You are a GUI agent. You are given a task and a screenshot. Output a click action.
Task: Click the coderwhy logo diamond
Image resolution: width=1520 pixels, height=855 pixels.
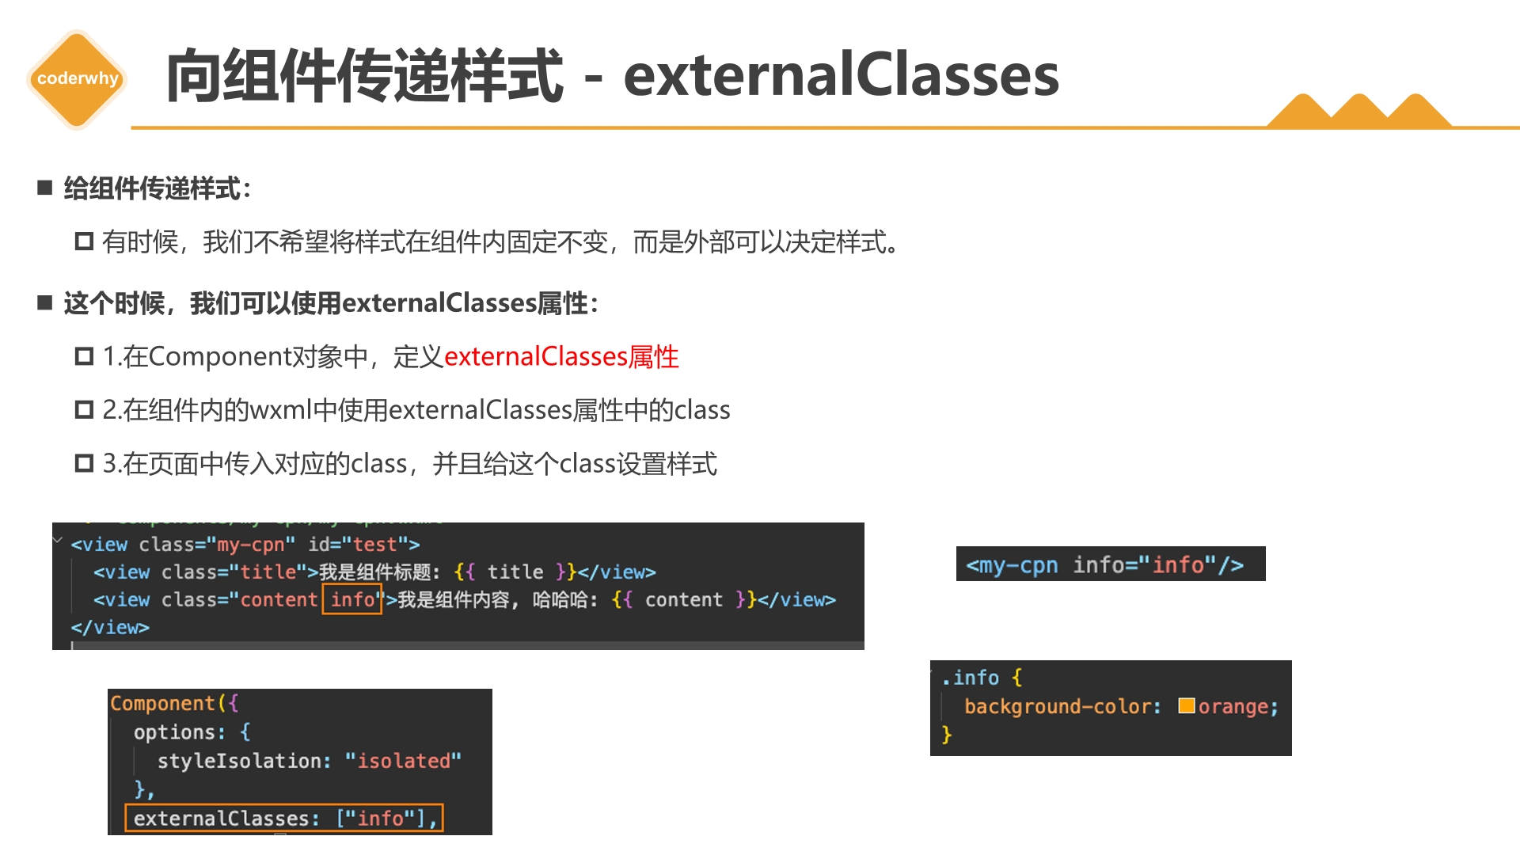click(x=77, y=78)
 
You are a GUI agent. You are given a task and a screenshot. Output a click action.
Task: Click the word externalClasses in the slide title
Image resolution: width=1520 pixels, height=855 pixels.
click(x=841, y=75)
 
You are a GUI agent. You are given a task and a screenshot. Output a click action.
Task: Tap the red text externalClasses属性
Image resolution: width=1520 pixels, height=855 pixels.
click(x=561, y=357)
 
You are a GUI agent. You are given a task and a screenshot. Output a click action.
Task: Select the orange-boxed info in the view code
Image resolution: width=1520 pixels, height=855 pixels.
click(x=352, y=599)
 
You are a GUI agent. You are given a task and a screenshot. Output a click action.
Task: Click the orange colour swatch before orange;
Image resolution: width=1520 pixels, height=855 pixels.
click(x=1186, y=705)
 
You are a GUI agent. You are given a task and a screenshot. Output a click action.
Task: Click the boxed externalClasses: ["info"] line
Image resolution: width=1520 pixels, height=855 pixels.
click(x=284, y=818)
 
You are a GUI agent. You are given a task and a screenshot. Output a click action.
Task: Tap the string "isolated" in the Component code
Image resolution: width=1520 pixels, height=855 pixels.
click(x=403, y=761)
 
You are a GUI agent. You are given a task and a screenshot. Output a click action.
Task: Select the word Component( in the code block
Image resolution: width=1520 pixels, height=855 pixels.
click(x=169, y=703)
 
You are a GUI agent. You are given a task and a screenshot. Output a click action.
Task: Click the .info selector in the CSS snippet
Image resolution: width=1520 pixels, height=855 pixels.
click(x=971, y=678)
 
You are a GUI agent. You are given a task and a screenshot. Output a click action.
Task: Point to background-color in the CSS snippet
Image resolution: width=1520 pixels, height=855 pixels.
click(x=1062, y=706)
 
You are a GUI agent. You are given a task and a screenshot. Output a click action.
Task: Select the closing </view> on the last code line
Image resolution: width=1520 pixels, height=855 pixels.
click(x=110, y=627)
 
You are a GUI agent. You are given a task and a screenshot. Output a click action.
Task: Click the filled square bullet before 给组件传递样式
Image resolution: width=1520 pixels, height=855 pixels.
click(x=44, y=188)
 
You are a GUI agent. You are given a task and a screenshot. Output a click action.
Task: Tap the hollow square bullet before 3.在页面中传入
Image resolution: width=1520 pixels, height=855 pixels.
click(x=84, y=463)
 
